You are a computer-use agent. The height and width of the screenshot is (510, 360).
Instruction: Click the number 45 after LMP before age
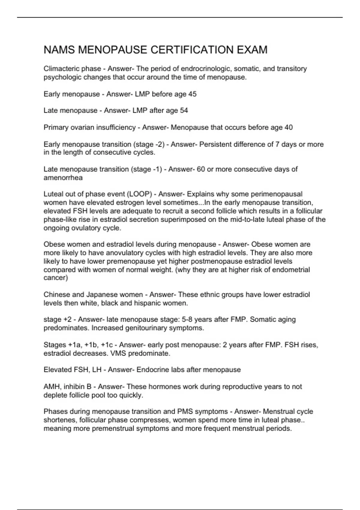pos(192,94)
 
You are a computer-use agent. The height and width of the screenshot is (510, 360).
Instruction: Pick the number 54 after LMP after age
pos(184,111)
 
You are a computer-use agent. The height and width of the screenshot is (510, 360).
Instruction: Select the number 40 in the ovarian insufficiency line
pos(289,127)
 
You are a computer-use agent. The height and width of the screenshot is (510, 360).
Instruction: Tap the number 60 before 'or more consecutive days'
pos(201,169)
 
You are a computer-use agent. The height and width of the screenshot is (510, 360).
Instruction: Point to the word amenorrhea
pos(63,178)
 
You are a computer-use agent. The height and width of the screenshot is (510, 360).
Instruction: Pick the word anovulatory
pos(125,253)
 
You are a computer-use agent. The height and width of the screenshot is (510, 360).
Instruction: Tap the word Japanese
pos(102,295)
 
